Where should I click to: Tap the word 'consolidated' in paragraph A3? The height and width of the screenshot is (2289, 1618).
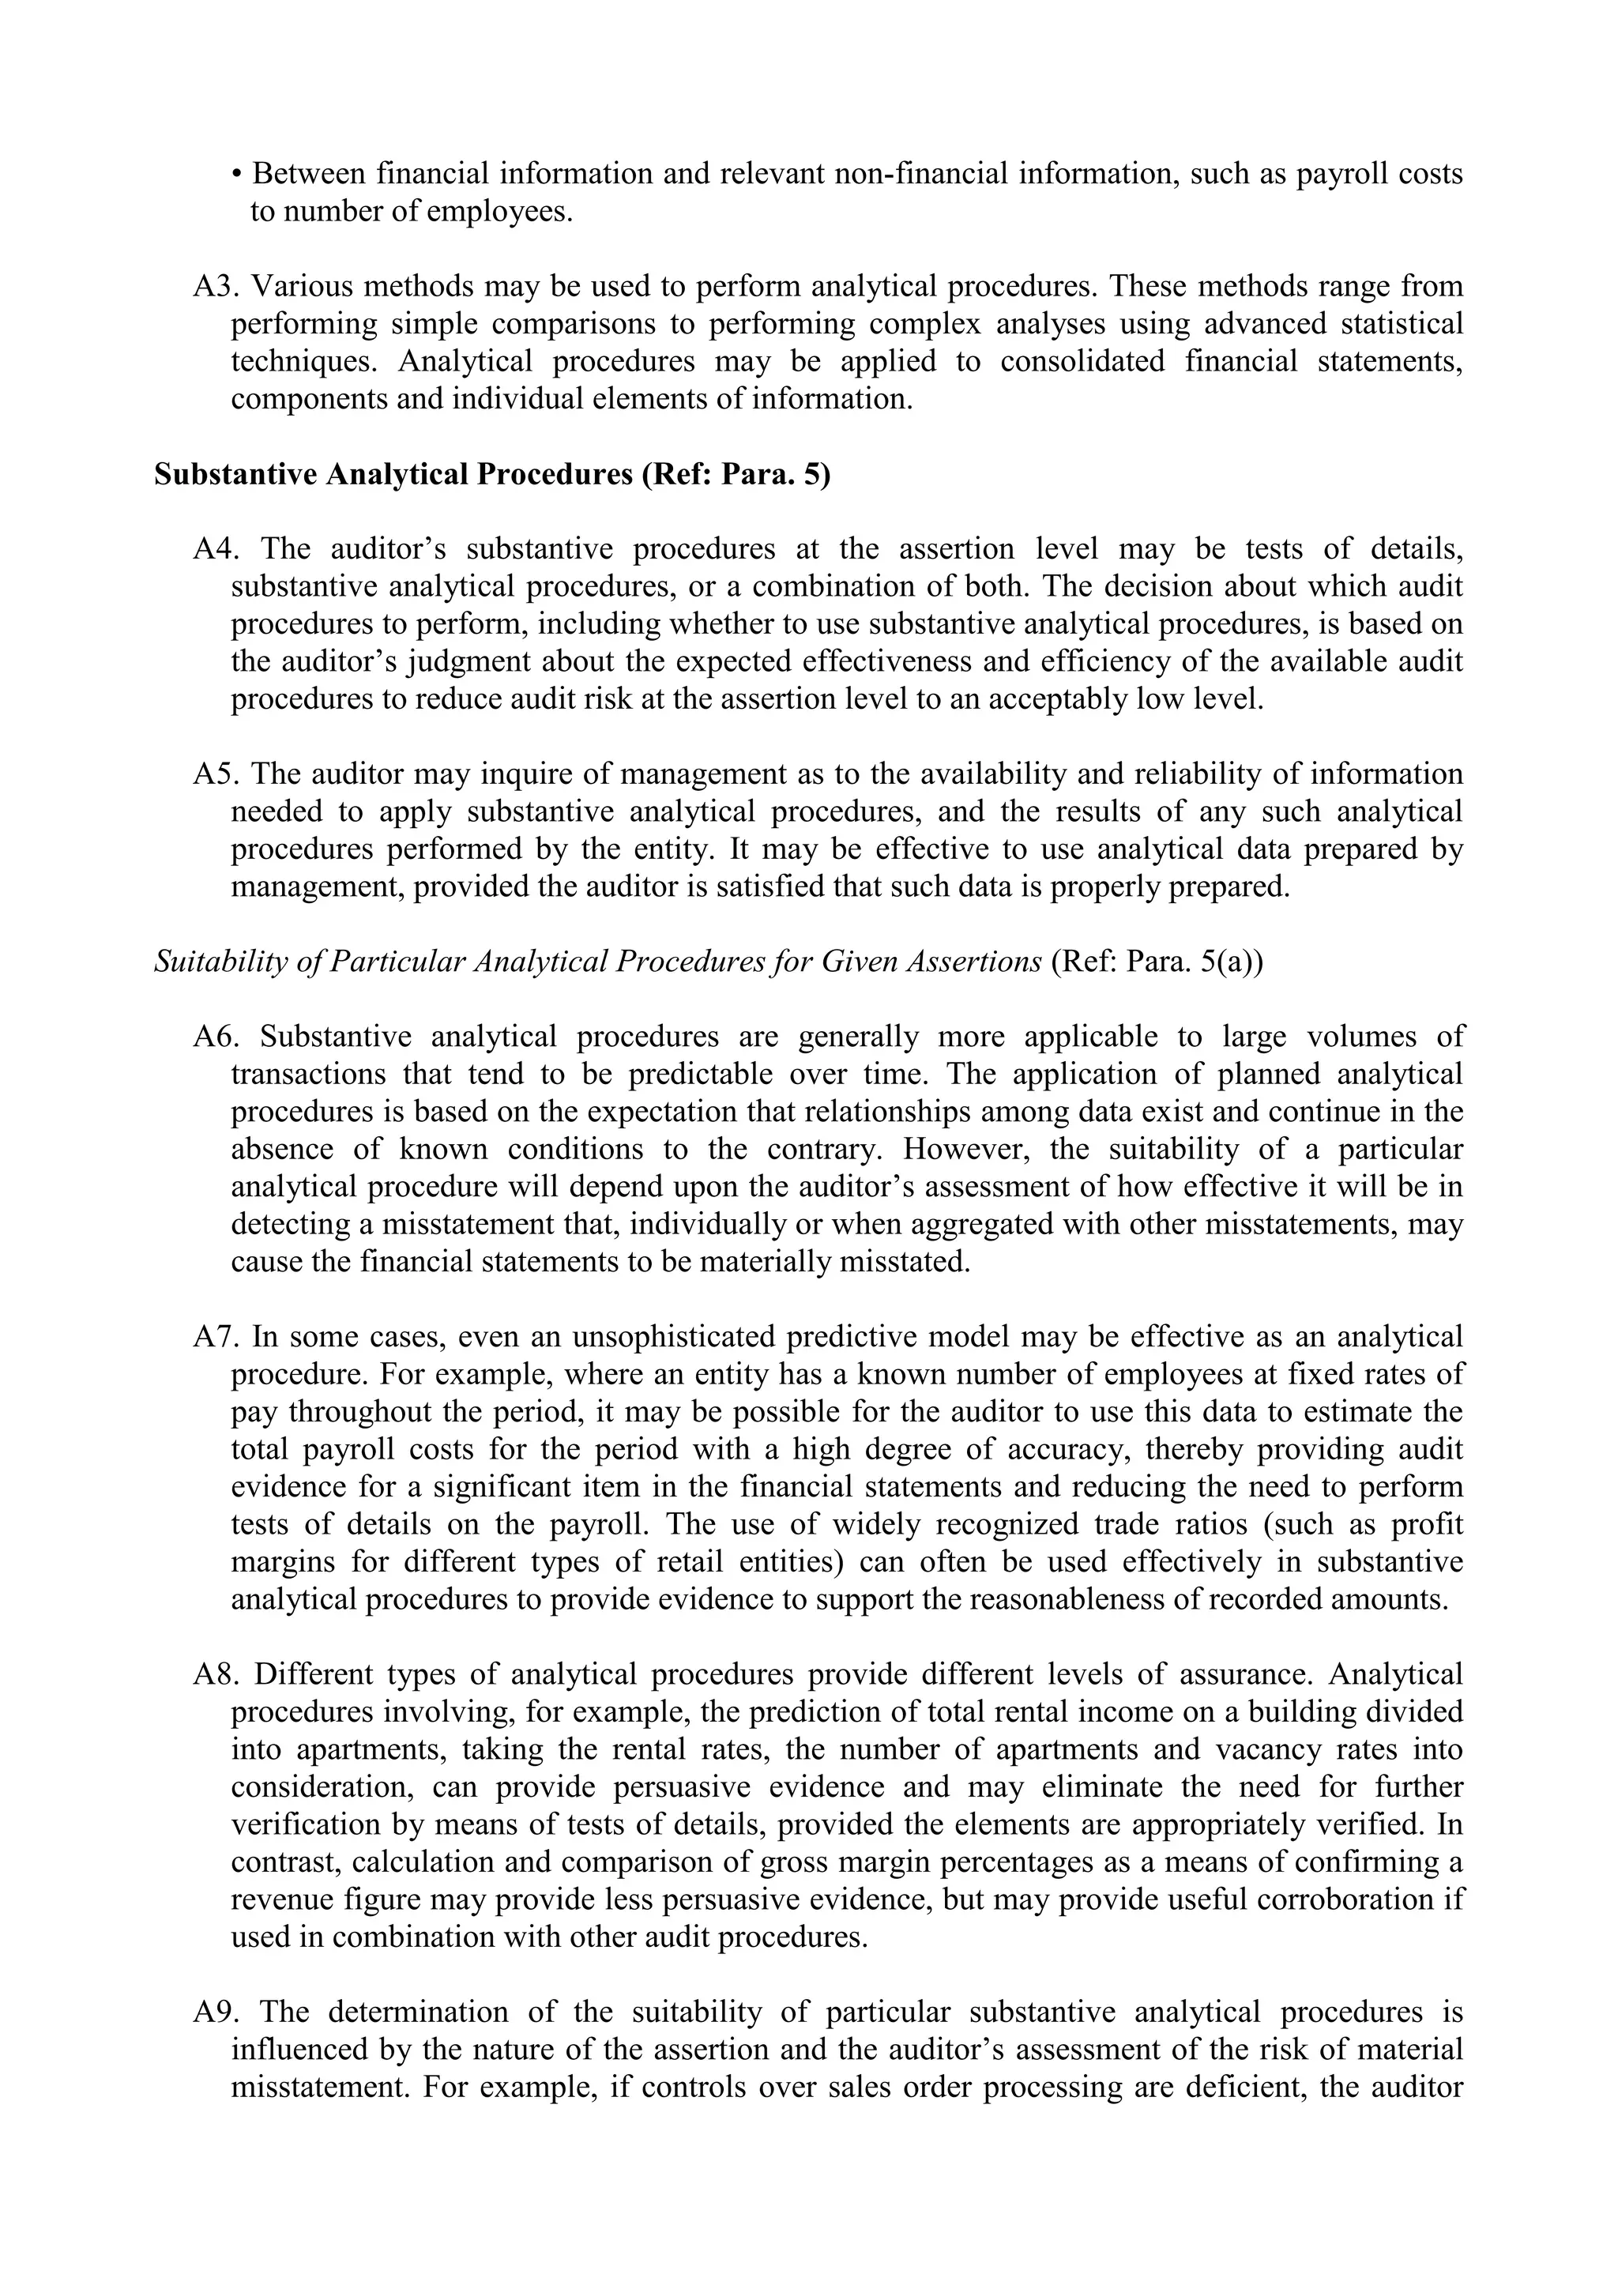coord(1082,362)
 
